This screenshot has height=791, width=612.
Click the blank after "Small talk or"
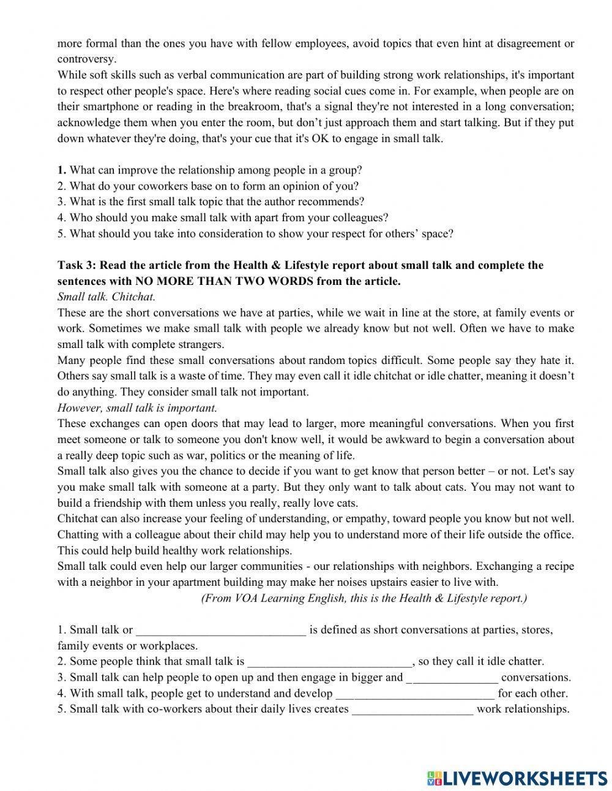[220, 630]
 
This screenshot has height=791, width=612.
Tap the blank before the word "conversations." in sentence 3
[452, 678]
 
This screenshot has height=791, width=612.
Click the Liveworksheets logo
[517, 778]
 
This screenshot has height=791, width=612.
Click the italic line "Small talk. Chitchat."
[106, 297]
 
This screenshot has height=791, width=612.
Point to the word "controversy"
[86, 59]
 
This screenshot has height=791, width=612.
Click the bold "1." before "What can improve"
[62, 170]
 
